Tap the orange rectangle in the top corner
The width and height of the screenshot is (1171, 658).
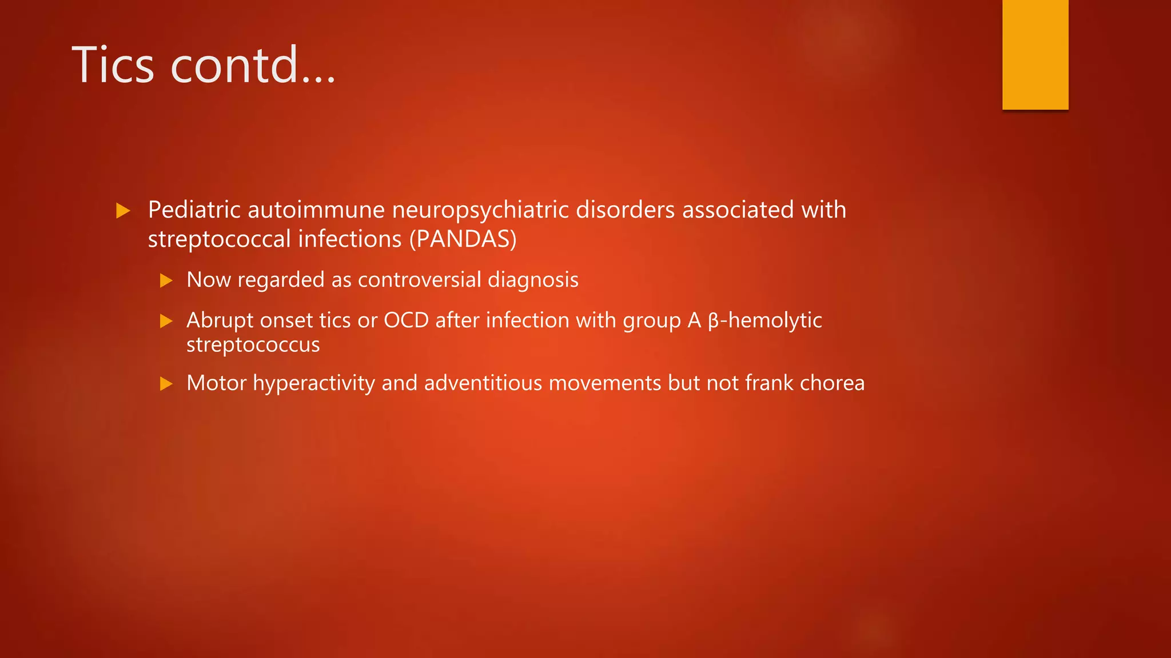1035,54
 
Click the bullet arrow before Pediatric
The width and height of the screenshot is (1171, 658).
123,211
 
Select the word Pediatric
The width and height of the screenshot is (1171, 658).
194,210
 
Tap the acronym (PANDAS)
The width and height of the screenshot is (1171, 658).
463,239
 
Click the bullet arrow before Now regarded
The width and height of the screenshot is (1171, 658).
166,280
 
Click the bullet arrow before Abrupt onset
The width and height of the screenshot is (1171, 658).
166,321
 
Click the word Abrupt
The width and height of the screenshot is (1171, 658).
220,321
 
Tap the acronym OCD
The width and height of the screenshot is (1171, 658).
406,320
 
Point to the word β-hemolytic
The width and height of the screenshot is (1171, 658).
764,320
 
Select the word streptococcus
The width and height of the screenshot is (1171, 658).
253,345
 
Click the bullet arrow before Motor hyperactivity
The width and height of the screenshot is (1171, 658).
166,384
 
